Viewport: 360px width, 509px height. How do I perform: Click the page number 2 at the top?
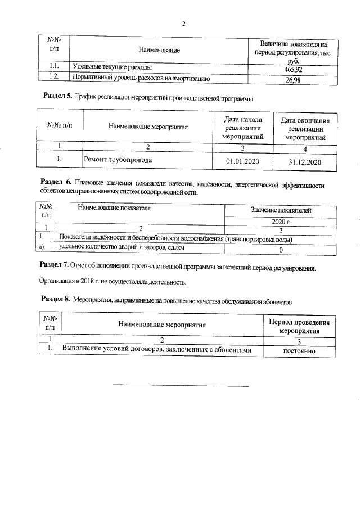(184, 24)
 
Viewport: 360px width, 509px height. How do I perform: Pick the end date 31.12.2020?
(304, 162)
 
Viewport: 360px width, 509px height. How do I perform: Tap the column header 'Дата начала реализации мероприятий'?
(241, 128)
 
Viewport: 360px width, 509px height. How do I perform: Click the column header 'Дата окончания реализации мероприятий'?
(305, 128)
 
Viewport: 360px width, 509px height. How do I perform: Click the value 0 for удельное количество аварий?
(281, 249)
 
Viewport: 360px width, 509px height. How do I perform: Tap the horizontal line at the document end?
(181, 386)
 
